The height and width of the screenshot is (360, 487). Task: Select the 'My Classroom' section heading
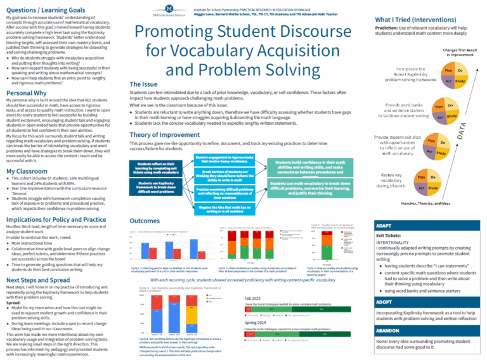tap(27, 171)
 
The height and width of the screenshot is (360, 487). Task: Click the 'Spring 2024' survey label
tap(258, 323)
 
